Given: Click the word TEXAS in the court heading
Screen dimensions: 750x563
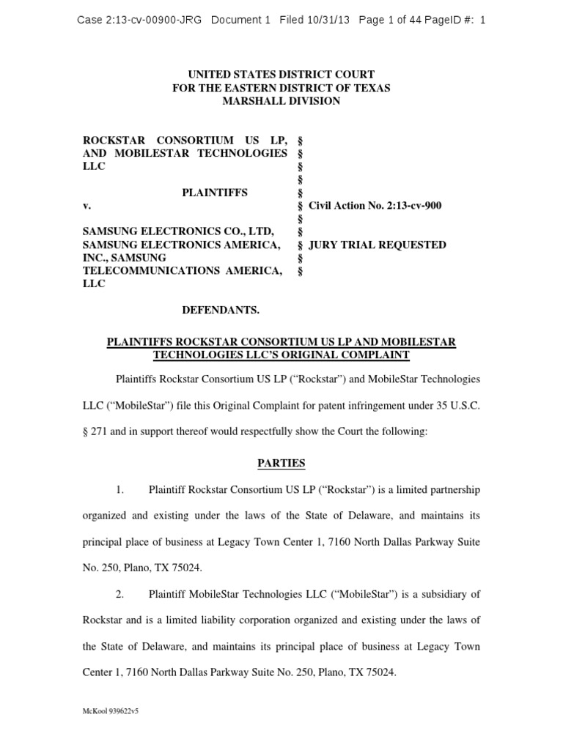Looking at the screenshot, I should (x=371, y=88).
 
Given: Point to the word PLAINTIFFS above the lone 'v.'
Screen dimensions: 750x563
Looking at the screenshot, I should (x=215, y=193).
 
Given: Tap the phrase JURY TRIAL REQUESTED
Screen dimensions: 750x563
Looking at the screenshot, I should (x=378, y=245).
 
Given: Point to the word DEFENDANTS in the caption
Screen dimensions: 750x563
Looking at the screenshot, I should (x=221, y=310).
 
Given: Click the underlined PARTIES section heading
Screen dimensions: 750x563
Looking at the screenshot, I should (x=281, y=464).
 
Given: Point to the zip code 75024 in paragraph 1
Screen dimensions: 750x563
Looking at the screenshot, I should (x=184, y=568).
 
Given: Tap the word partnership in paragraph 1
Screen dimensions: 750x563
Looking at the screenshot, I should (x=449, y=489).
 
